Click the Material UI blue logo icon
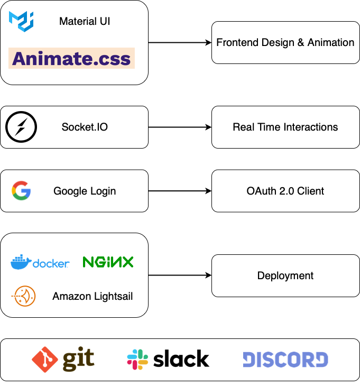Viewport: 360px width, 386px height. coord(21,21)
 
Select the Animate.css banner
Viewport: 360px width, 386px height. coord(71,58)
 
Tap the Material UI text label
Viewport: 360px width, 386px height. coord(85,22)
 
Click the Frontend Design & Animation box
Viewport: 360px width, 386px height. coord(285,43)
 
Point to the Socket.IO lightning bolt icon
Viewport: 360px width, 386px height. coord(21,127)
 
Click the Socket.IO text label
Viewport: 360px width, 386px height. coord(85,127)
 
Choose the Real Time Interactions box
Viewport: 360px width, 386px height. coord(285,127)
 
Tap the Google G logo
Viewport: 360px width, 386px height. coord(21,191)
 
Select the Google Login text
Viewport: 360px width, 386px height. coord(85,191)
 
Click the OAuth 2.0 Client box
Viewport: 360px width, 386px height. coord(285,191)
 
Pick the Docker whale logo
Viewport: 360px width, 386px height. coord(21,262)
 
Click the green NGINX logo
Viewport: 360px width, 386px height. coord(108,262)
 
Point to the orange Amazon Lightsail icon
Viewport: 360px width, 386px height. coord(24,296)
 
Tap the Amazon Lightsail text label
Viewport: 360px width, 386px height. coord(93,297)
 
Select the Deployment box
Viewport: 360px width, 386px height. coord(285,275)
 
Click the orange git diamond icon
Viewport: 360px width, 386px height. coord(45,360)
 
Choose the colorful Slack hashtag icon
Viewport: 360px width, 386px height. coord(137,360)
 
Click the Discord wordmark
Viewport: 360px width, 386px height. coord(285,360)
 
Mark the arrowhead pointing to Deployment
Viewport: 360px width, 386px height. coord(208,275)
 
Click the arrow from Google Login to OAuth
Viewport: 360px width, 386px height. coord(180,191)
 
